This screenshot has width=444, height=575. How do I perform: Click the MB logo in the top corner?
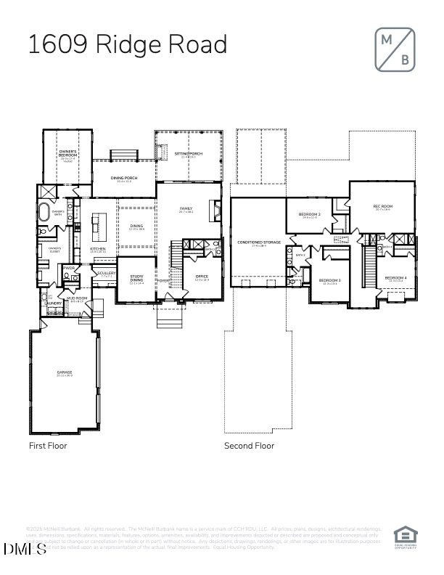395,49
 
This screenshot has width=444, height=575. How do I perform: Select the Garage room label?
65,373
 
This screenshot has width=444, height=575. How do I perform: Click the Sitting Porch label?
186,155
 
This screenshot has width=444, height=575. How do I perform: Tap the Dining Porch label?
127,178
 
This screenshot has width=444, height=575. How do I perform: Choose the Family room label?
186,209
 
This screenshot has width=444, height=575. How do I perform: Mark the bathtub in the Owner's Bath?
45,215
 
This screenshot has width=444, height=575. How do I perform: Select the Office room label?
202,276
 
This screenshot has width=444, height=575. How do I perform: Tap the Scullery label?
106,274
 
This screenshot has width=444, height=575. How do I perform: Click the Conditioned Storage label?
259,242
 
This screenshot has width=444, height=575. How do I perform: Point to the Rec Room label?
382,207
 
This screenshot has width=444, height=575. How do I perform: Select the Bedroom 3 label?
330,280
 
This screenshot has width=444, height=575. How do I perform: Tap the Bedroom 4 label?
395,278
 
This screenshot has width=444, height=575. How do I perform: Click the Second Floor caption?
249,446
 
